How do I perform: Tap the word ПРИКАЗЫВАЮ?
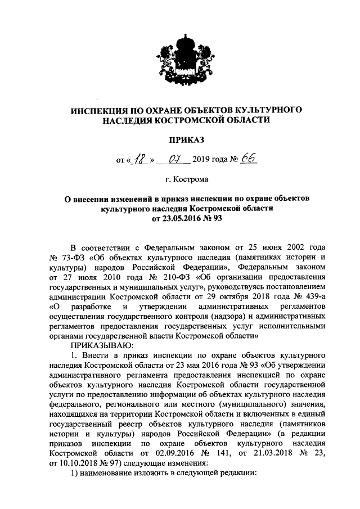tap(102, 345)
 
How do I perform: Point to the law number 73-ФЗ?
tap(73, 256)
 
